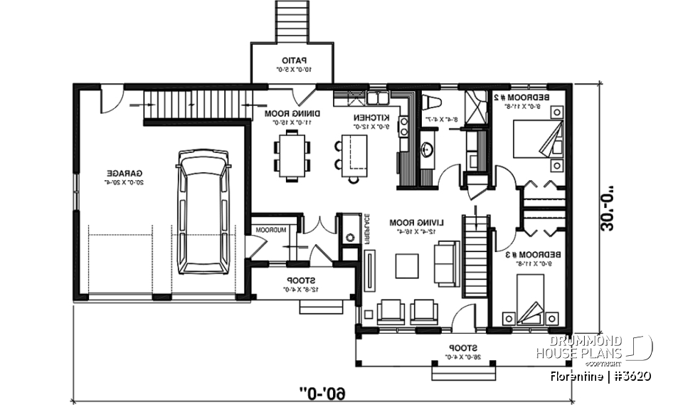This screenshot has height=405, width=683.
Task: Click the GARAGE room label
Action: point(125,173)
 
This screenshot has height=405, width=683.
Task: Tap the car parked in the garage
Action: point(204,212)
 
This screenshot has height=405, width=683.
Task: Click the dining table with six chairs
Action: point(293,155)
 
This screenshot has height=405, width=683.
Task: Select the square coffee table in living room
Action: point(409,265)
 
